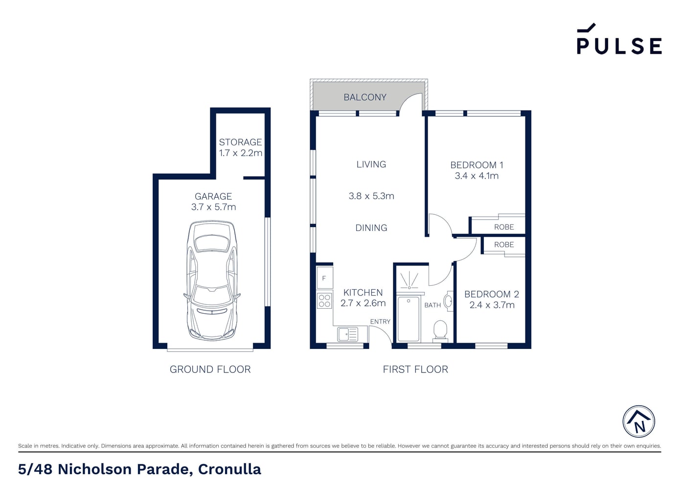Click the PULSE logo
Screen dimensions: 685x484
click(619, 39)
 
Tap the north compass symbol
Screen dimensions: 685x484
click(639, 421)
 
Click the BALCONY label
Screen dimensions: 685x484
click(365, 97)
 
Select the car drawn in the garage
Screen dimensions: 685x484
click(212, 280)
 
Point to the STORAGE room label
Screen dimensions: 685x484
click(240, 142)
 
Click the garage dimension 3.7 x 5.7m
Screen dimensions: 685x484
click(213, 207)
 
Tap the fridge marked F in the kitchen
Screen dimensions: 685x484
click(324, 278)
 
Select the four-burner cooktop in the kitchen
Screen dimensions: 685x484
click(324, 300)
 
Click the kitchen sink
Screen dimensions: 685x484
click(348, 334)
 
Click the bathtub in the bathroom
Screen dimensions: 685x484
click(408, 319)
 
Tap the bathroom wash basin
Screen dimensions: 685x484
click(448, 301)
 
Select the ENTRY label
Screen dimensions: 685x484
click(380, 322)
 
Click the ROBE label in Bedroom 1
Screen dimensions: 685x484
click(504, 227)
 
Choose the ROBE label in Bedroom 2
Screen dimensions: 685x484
click(504, 245)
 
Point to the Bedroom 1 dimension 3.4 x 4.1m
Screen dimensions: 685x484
click(477, 176)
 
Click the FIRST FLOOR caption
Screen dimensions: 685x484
click(415, 369)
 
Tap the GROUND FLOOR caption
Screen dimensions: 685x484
click(210, 369)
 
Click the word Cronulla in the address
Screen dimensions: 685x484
click(229, 469)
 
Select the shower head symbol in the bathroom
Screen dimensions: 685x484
click(409, 280)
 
